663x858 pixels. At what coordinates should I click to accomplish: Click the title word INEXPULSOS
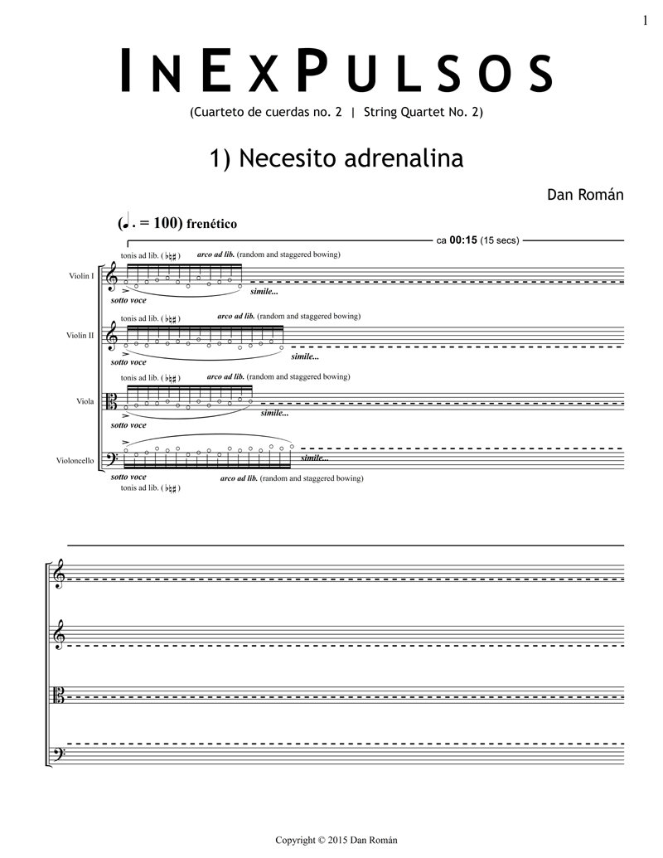(x=336, y=72)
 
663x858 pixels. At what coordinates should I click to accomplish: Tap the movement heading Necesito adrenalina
(x=336, y=158)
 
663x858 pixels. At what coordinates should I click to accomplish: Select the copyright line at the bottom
(x=336, y=840)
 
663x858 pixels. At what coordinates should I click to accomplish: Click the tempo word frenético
(x=212, y=224)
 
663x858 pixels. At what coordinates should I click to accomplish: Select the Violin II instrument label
(x=80, y=335)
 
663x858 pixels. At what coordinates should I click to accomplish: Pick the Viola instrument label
(x=85, y=400)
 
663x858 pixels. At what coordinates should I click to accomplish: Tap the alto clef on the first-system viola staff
(x=112, y=402)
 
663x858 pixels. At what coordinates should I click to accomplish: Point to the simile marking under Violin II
(x=305, y=356)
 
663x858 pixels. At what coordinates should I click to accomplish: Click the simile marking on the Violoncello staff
(x=315, y=458)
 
